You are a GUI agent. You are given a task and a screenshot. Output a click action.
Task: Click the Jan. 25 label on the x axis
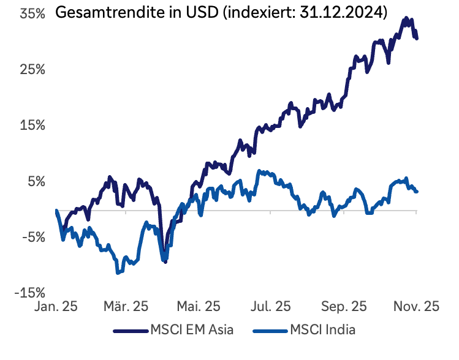pyautogui.click(x=57, y=307)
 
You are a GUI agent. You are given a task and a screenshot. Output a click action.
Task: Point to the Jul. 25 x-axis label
pyautogui.click(x=271, y=307)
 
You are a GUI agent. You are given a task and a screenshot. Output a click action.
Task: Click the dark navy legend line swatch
pyautogui.click(x=131, y=331)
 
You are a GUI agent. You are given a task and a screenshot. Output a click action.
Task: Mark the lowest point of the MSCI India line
pyautogui.click(x=118, y=272)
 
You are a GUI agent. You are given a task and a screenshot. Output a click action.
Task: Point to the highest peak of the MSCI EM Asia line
pyautogui.click(x=406, y=19)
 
